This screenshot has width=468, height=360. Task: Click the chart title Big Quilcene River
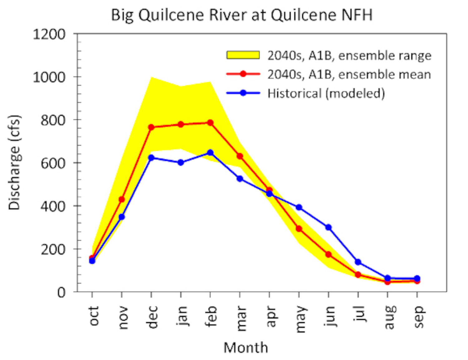tap(242, 15)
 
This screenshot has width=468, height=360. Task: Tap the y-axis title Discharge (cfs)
tap(14, 162)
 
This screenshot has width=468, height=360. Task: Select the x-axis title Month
tap(246, 348)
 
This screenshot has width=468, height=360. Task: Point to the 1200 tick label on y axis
tap(49, 34)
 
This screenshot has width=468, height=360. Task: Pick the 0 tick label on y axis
tap(61, 292)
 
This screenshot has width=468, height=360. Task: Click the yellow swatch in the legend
tap(243, 55)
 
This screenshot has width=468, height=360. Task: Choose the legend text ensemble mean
tap(349, 74)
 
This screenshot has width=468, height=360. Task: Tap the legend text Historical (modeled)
tap(326, 94)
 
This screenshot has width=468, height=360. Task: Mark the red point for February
tap(210, 123)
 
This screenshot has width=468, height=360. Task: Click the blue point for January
tap(181, 162)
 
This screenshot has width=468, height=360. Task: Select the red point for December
tap(151, 127)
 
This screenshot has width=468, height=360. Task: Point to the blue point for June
tap(328, 227)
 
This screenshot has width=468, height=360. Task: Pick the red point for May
tap(299, 229)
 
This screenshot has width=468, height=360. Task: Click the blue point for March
tap(240, 179)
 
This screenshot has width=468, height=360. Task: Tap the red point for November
tap(122, 199)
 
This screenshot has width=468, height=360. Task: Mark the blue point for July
tap(358, 262)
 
